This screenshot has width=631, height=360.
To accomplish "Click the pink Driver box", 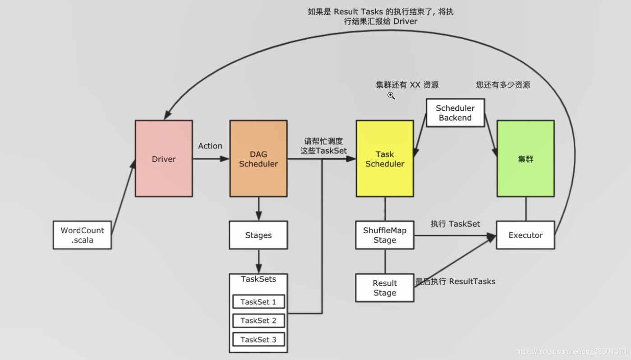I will (x=164, y=158).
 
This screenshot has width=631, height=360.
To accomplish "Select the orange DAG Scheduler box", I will (x=258, y=158).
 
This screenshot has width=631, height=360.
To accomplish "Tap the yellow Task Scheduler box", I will (x=385, y=158).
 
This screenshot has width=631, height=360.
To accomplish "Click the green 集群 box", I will (x=525, y=158).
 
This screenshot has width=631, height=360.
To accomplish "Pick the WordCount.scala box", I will (x=82, y=235).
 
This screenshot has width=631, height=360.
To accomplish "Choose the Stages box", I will (x=258, y=235).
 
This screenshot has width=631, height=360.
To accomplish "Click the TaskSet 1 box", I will (x=258, y=302).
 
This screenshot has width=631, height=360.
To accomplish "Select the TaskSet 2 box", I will (x=258, y=321).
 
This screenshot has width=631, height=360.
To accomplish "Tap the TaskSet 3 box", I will (x=258, y=340).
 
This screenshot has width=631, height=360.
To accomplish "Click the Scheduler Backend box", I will (x=455, y=113).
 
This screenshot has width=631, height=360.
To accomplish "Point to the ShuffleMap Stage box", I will (x=385, y=235).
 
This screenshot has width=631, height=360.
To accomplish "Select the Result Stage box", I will (x=385, y=288).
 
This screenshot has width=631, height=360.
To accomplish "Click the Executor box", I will (x=525, y=235).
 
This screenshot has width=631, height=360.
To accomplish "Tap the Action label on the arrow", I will (x=210, y=146).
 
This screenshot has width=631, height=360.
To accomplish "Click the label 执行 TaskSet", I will (x=455, y=224).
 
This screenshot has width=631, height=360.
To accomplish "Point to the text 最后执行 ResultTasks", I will (x=455, y=282).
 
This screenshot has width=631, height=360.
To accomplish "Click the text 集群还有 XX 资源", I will (x=407, y=85).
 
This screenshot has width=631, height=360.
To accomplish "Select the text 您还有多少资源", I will (x=503, y=85).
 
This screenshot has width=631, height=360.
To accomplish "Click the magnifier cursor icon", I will (x=391, y=96).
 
